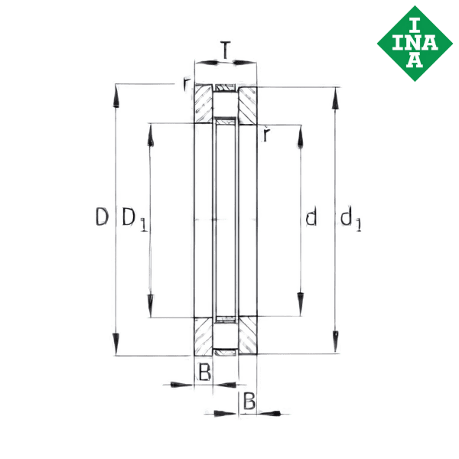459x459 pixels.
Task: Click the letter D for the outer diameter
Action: pyautogui.click(x=101, y=218)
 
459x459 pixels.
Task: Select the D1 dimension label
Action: pyautogui.click(x=133, y=219)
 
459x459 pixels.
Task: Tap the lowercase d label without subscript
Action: pyautogui.click(x=311, y=218)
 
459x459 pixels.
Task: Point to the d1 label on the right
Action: pyautogui.click(x=352, y=220)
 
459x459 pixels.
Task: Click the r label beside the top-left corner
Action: pyautogui.click(x=187, y=83)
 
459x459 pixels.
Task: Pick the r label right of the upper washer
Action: pyautogui.click(x=265, y=135)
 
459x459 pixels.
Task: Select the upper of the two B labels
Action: pyautogui.click(x=203, y=373)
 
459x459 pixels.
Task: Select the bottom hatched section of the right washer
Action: pyautogui.click(x=247, y=336)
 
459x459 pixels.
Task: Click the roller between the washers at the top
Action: pyautogui.click(x=225, y=90)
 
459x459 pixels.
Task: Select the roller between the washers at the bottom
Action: pyautogui.click(x=225, y=350)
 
